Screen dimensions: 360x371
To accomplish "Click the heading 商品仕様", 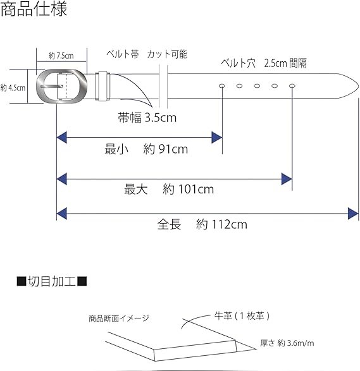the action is [x=34, y=9].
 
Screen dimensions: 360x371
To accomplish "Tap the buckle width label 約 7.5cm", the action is [x=61, y=56].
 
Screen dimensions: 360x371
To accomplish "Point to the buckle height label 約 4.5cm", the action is [x=13, y=88].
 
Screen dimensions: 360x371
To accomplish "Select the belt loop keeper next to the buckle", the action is [x=102, y=86].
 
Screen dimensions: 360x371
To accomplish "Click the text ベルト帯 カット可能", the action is [x=147, y=54].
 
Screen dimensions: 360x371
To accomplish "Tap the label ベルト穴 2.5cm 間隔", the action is [x=264, y=63].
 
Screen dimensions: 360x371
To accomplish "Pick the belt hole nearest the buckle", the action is [x=222, y=86].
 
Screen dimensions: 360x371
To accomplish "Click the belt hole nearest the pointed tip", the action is [x=292, y=86].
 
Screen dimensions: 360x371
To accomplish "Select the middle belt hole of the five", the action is [x=257, y=86].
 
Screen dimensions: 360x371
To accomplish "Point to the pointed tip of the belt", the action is [x=358, y=86].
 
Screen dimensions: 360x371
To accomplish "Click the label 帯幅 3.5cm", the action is [x=147, y=118].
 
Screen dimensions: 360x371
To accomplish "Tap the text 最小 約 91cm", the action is [x=146, y=149].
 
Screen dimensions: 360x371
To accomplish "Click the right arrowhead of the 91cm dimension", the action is [x=216, y=138].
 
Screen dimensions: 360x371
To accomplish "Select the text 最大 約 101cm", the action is [x=169, y=189].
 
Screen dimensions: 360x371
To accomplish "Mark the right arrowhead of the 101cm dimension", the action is [x=287, y=179].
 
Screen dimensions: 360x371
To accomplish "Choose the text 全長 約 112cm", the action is [x=202, y=224].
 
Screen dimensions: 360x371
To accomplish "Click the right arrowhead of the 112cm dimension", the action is [x=353, y=214].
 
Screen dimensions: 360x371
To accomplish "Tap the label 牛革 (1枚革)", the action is [x=242, y=315].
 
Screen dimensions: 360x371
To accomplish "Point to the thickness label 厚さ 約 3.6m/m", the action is [x=287, y=343].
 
